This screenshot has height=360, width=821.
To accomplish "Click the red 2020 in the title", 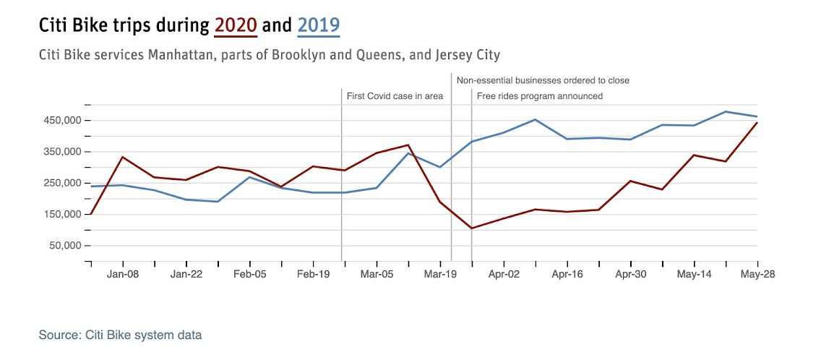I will point(236,26).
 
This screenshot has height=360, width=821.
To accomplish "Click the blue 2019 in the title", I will point(319,26).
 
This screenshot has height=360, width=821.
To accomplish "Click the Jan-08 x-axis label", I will point(123,275).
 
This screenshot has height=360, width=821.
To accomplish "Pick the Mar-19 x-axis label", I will point(440,275).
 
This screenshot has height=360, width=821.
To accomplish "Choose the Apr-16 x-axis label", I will point(567,275).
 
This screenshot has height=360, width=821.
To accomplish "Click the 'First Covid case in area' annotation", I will point(395,96).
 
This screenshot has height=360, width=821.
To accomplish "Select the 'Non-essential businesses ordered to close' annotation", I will point(543,80).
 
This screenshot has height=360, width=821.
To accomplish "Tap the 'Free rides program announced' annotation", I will point(539,96).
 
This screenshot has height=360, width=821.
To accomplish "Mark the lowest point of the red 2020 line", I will point(471,228).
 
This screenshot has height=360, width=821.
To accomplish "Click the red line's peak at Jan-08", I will point(123,157).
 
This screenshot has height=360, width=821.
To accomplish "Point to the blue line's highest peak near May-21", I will point(726,112).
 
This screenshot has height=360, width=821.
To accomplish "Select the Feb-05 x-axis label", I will point(250,275).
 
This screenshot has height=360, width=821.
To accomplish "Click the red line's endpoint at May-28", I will point(757,123).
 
